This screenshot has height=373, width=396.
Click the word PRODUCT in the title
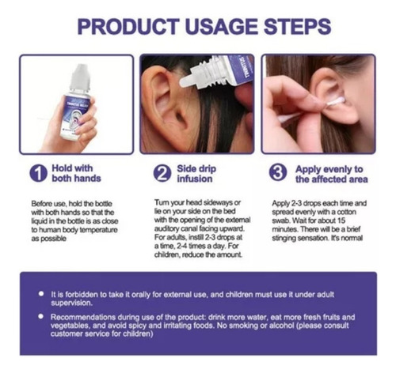128,27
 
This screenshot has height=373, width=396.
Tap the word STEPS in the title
298,27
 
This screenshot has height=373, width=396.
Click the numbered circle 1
39,173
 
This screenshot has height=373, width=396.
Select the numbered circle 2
162,173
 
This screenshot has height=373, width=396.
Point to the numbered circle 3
278,172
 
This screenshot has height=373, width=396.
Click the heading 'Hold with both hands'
76,173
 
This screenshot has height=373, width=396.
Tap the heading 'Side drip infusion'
196,174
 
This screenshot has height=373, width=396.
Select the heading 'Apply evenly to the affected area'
332,174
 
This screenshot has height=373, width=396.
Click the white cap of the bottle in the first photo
79,77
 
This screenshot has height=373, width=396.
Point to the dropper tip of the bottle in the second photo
186,81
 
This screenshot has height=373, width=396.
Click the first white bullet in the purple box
41,294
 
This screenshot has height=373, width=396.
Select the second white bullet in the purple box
40,316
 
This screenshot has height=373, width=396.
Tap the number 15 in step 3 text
341,220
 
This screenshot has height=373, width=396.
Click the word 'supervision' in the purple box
71,303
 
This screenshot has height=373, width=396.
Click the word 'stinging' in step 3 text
284,239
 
